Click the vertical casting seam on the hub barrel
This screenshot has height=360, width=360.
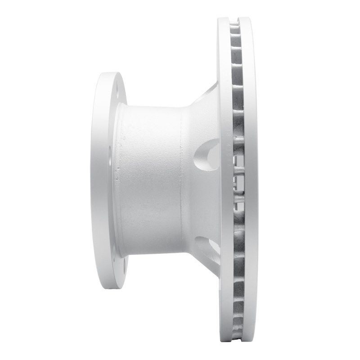pyautogui.click(x=182, y=180)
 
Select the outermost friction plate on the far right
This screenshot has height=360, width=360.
pyautogui.click(x=248, y=180)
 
